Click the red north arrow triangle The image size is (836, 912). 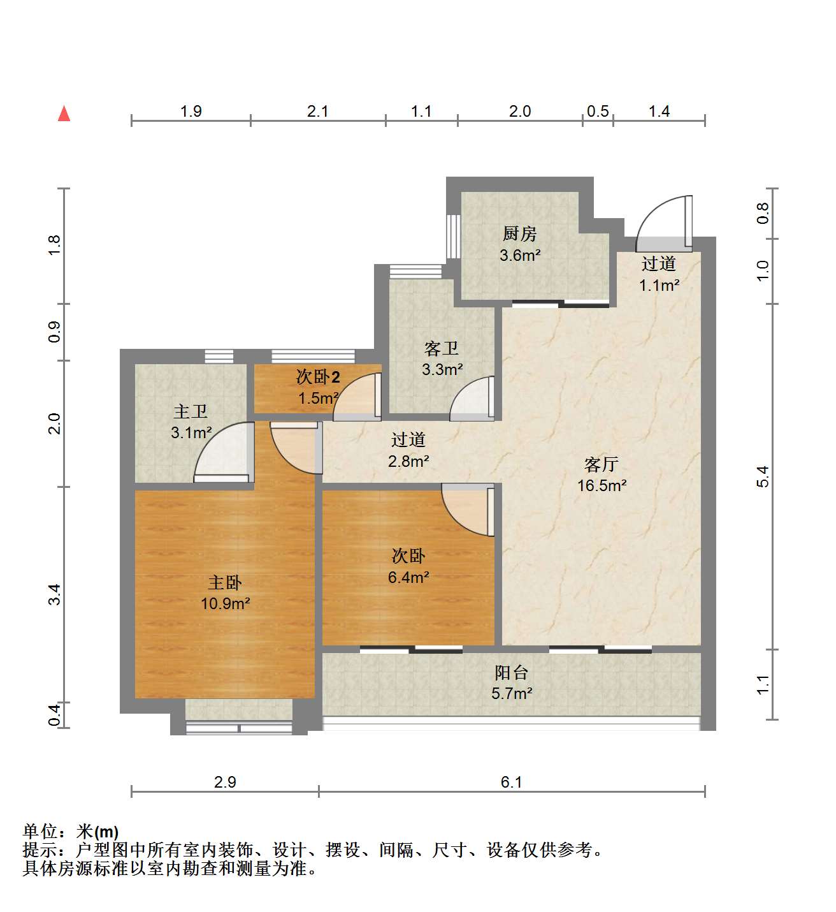tap(64, 114)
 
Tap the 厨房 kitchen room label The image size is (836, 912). tap(520, 234)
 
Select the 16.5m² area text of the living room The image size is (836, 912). tap(602, 485)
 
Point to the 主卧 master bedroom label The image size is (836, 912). tap(225, 583)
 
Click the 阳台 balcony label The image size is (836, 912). tap(512, 673)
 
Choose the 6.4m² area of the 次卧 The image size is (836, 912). tap(408, 577)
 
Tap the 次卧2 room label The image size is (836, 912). tap(318, 377)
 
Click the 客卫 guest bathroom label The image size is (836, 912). tap(442, 349)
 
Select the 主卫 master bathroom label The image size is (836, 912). tap(191, 412)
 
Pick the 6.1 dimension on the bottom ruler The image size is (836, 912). tap(511, 782)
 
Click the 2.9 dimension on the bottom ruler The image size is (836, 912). tap(225, 782)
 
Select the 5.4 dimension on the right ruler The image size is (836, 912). tap(763, 476)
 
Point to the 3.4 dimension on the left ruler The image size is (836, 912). tap(54, 594)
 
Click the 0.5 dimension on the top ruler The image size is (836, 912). tap(598, 112)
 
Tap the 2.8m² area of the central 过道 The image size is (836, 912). tap(408, 462)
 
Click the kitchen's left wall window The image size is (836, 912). tap(454, 237)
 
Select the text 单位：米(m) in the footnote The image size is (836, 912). tap(71, 832)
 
